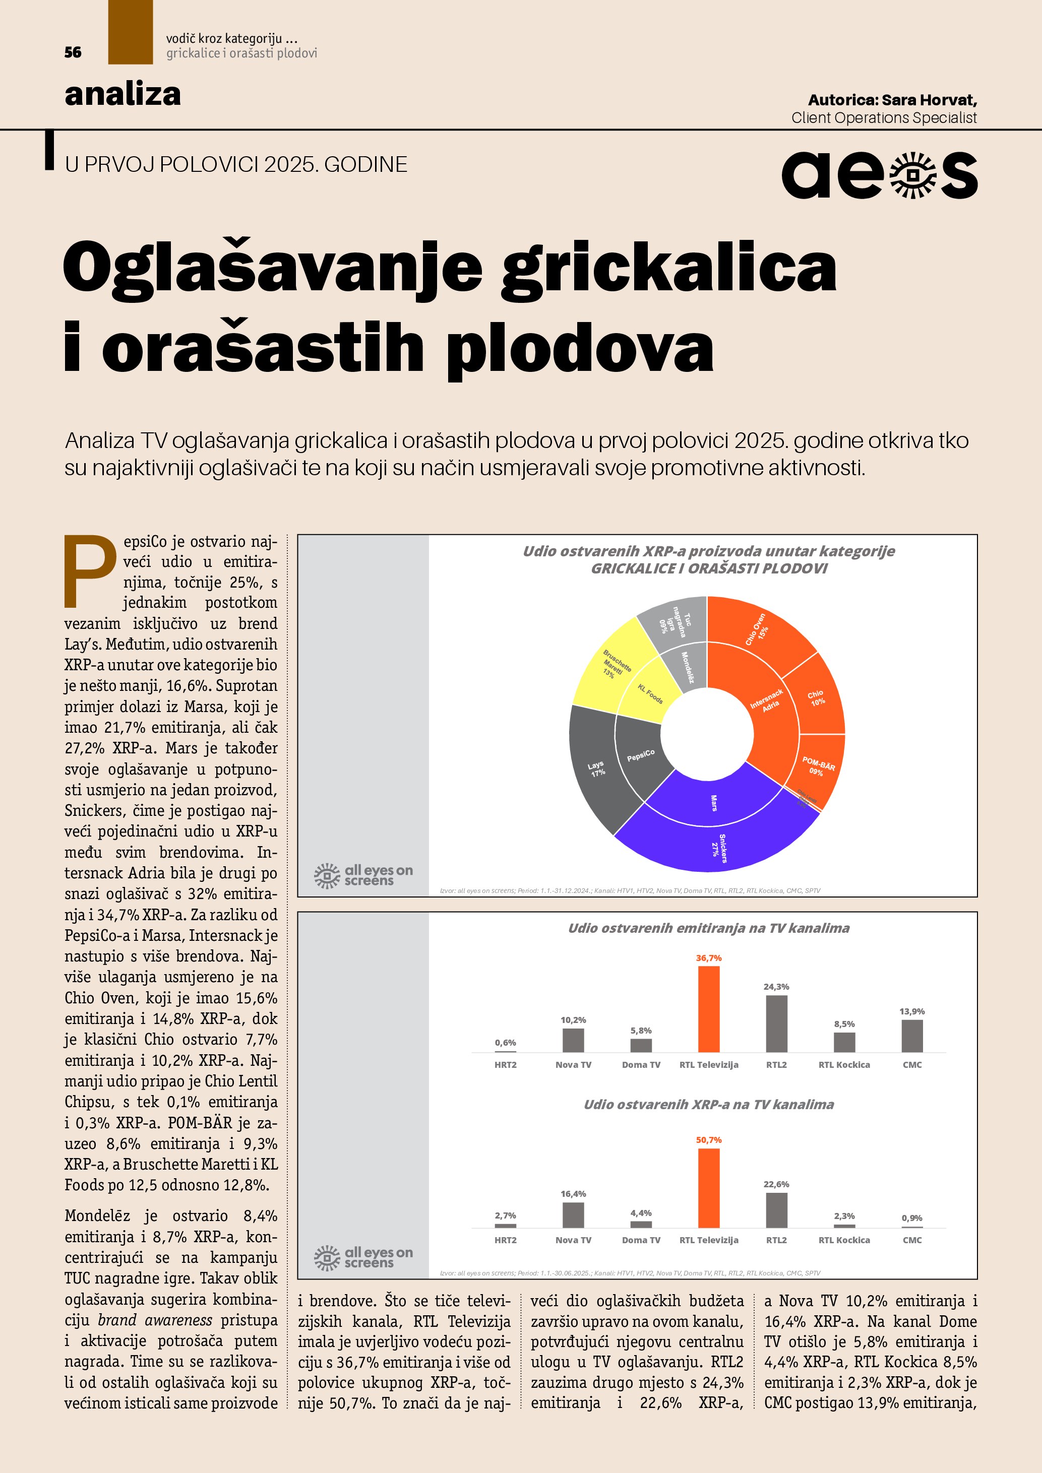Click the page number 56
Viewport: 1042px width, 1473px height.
73,52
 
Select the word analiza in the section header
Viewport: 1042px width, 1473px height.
122,94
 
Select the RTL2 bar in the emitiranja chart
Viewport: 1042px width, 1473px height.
776,1024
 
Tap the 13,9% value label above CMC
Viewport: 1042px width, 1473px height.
912,1012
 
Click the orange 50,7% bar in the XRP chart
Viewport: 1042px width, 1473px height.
708,1188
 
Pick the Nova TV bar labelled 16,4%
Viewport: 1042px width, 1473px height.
573,1215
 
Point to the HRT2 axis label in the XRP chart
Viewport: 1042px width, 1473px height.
505,1240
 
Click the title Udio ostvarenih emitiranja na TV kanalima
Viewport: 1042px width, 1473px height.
708,928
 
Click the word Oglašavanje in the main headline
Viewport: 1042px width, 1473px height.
273,266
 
